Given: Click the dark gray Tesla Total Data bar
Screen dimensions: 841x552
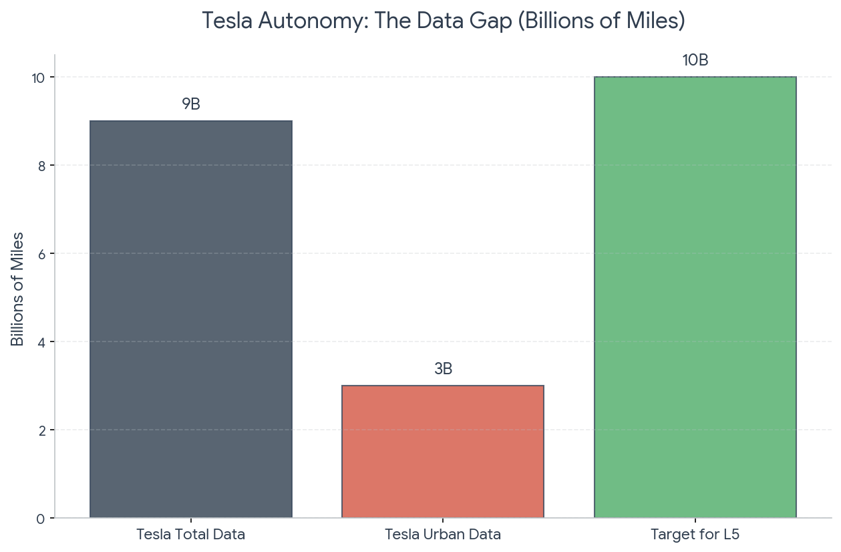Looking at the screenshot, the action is (x=191, y=319).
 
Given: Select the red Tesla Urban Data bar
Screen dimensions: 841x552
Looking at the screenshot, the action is (x=443, y=452).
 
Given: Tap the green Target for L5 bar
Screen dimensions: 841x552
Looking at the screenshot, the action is (x=695, y=297).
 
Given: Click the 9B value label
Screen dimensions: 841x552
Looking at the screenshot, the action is (x=191, y=104).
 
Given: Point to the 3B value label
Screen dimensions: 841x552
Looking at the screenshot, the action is (x=443, y=369).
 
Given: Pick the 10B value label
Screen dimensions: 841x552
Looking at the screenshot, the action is (x=695, y=60).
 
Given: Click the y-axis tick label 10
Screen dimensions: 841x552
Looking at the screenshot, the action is (x=38, y=78).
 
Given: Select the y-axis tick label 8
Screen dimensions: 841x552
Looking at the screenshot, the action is (x=41, y=166).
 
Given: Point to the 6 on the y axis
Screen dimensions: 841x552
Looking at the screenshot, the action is (x=41, y=254).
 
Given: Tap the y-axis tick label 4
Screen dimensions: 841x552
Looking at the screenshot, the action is (x=41, y=342).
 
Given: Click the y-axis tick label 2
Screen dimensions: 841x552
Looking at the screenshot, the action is (x=41, y=431).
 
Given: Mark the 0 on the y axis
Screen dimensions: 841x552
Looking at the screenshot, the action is (x=41, y=519).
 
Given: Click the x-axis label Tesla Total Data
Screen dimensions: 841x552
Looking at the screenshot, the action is (x=191, y=534).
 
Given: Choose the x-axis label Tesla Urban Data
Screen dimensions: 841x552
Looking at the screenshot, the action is (x=443, y=534).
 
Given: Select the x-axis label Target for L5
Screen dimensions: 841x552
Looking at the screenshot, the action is (x=695, y=534).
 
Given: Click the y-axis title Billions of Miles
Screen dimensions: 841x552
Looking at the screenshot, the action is (x=17, y=289).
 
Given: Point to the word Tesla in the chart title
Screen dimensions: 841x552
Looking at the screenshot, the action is (x=227, y=20).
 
